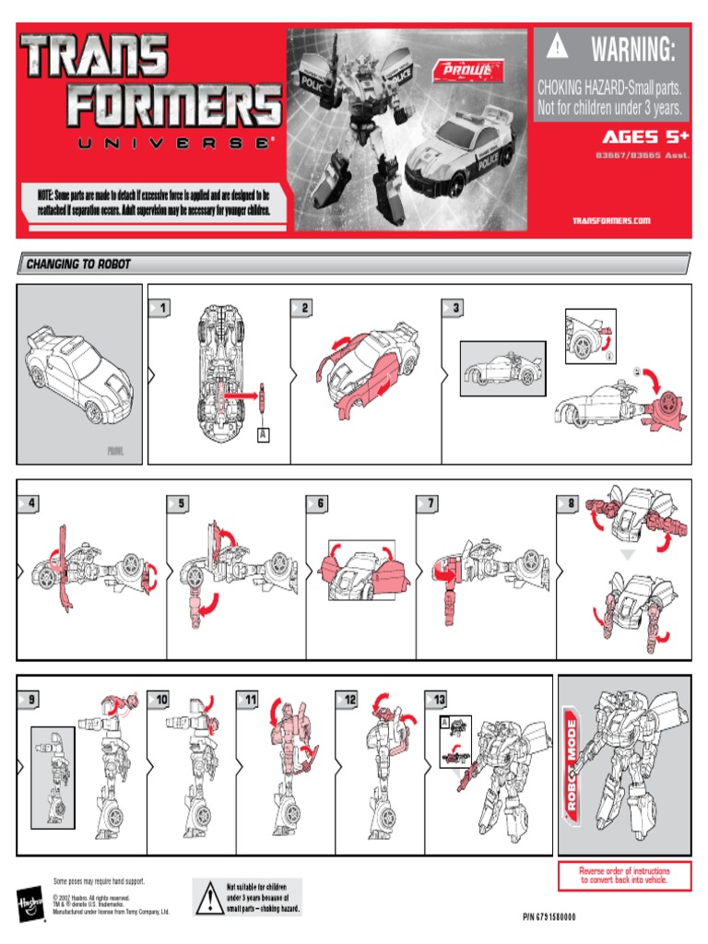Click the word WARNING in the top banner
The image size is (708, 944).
coord(633,50)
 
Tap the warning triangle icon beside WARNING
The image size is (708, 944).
coord(556,48)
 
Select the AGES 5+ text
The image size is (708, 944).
coord(642,137)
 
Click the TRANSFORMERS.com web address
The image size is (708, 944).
coord(611,220)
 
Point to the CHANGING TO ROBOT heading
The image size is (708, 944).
coord(78,265)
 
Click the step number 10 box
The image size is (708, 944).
coord(162,701)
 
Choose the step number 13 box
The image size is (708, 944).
coord(436,701)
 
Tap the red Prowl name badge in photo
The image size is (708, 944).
coord(476,71)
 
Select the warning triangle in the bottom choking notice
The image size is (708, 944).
coord(207,896)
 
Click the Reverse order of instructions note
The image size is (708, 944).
coord(623,875)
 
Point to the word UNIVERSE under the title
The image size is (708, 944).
coord(152,145)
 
